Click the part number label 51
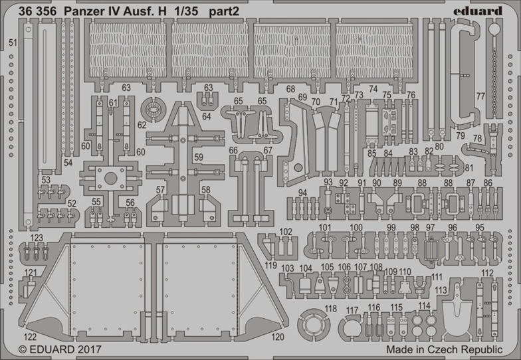click(13, 43)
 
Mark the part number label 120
click(278, 337)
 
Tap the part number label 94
click(302, 193)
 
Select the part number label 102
click(286, 231)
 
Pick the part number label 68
click(291, 89)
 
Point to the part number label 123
click(36, 238)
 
